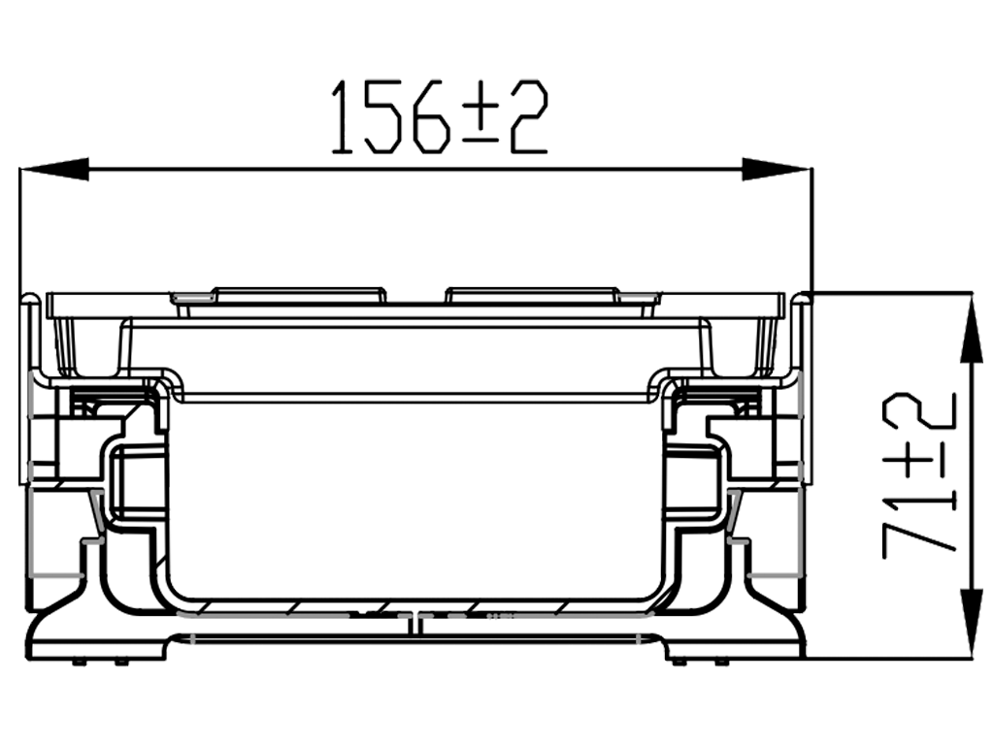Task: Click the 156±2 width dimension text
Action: [439, 118]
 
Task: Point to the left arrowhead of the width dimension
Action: [54, 168]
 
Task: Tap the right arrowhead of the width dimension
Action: [777, 168]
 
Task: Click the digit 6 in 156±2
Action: [431, 118]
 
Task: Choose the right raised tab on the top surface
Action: [532, 293]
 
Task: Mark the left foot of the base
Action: [97, 635]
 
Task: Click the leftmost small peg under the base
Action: [77, 663]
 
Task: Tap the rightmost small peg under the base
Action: [723, 663]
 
